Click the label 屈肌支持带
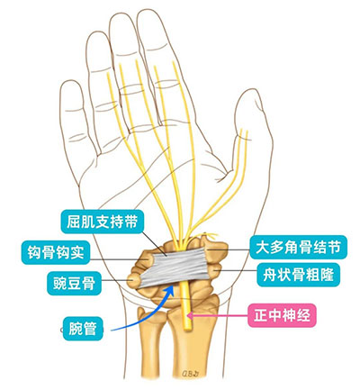tap(102, 222)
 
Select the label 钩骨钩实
tap(56, 252)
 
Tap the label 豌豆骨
tap(74, 283)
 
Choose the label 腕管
tap(82, 329)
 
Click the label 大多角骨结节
tap(298, 248)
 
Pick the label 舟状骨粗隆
tap(299, 275)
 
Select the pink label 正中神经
tap(282, 315)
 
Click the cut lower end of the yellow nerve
tap(187, 329)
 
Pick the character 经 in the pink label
tap(302, 315)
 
